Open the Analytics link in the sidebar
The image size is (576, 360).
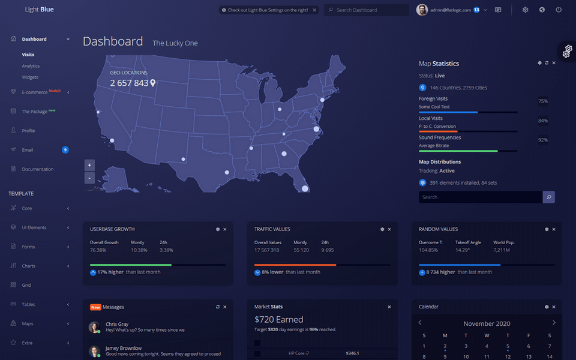[31, 66]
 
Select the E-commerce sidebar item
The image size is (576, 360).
[35, 92]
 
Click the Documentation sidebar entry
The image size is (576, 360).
[38, 169]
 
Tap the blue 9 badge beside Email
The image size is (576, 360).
[65, 150]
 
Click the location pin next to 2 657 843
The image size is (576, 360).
[153, 83]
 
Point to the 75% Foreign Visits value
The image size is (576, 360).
[543, 101]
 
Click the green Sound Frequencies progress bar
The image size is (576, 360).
[458, 151]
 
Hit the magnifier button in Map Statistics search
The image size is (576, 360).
[548, 197]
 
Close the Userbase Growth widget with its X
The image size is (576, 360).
[225, 229]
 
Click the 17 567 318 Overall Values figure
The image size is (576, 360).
[267, 250]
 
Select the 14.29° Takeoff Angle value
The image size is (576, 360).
[462, 250]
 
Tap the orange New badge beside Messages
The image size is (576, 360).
[95, 307]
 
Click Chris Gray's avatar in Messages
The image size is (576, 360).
[94, 327]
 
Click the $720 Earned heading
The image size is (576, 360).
[278, 320]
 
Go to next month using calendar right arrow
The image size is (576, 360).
[554, 323]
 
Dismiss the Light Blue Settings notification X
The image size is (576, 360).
[314, 10]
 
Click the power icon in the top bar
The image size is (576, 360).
[559, 10]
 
